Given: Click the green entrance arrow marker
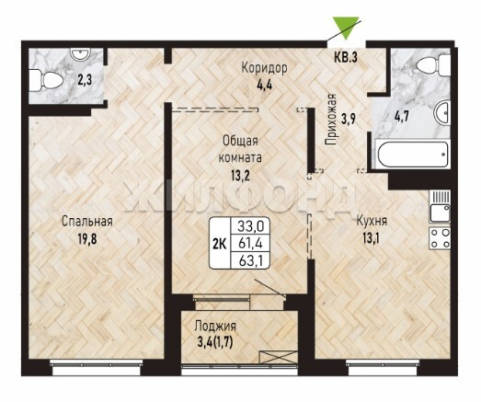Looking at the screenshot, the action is pos(346,27).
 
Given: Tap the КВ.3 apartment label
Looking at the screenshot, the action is pos(346,58).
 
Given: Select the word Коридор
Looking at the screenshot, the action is pos(264,68).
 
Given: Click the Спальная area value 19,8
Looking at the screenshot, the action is pos(87,239).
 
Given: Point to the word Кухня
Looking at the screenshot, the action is pos(372,221).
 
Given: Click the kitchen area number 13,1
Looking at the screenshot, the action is pos(372,238).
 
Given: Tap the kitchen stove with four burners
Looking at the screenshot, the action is pos(441,238).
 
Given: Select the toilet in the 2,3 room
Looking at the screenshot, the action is pos(46,80).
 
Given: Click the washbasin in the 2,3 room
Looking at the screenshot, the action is pos(80,53).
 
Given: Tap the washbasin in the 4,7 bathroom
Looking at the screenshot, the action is pos(442,112).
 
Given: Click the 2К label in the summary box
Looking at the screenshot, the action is pos(220,244).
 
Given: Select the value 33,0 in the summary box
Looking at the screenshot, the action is pos(251,227).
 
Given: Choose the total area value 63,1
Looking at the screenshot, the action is pos(250,260).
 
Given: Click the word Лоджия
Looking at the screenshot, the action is pos(215,327).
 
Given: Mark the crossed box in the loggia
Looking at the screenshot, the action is pos(279,357).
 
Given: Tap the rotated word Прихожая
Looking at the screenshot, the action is pos(331,120).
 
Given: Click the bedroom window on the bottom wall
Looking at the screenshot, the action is pos(96,367).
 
